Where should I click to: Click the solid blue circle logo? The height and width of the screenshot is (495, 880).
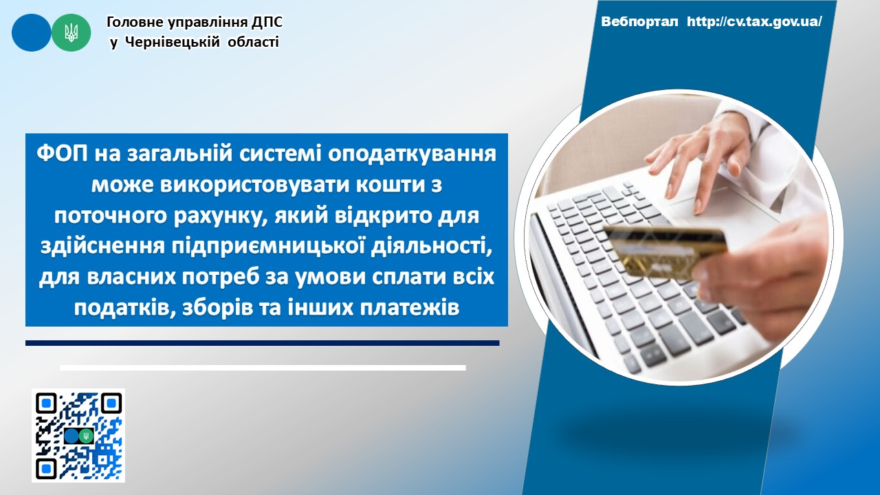[x=32, y=32]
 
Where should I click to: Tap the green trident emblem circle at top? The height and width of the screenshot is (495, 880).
[x=71, y=32]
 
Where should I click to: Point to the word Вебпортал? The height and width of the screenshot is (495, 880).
[x=639, y=21]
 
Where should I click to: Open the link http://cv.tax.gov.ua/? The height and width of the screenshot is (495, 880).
[x=754, y=21]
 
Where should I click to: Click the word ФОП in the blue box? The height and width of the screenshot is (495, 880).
[x=63, y=153]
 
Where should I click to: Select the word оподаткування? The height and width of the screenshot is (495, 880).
[x=412, y=155]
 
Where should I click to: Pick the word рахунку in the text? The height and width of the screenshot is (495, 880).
[x=219, y=217]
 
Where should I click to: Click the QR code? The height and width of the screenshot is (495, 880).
[x=78, y=435]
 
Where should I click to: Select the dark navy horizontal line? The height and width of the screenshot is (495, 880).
[x=263, y=343]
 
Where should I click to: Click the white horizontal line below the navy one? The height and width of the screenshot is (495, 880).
[x=263, y=368]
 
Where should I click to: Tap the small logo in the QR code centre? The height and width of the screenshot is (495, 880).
[x=78, y=436]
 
